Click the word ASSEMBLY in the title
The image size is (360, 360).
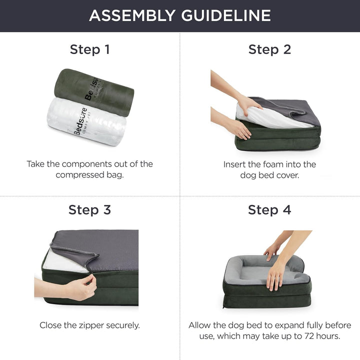(132, 15)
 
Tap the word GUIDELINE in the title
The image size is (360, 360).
(226, 15)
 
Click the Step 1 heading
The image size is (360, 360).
(90, 49)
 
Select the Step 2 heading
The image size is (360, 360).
(269, 49)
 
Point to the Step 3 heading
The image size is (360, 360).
(90, 210)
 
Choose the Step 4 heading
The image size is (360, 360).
(269, 210)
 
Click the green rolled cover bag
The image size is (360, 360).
(94, 92)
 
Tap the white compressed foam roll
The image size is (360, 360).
(86, 121)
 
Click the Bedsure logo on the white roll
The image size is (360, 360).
(80, 121)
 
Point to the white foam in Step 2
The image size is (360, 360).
(271, 117)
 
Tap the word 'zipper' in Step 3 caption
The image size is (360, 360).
(91, 325)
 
